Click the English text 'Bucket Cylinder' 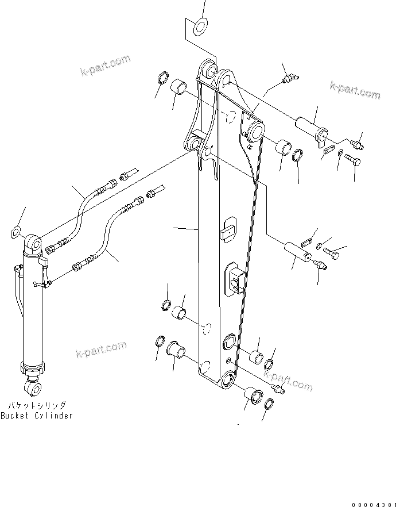pyautogui.click(x=37, y=416)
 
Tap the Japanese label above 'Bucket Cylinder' pyautogui.click(x=37, y=405)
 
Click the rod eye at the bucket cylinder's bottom pyautogui.click(x=33, y=389)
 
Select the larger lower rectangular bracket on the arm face pyautogui.click(x=236, y=280)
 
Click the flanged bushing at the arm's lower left pyautogui.click(x=176, y=349)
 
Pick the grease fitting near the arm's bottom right pyautogui.click(x=278, y=391)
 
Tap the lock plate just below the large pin pyautogui.click(x=328, y=150)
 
